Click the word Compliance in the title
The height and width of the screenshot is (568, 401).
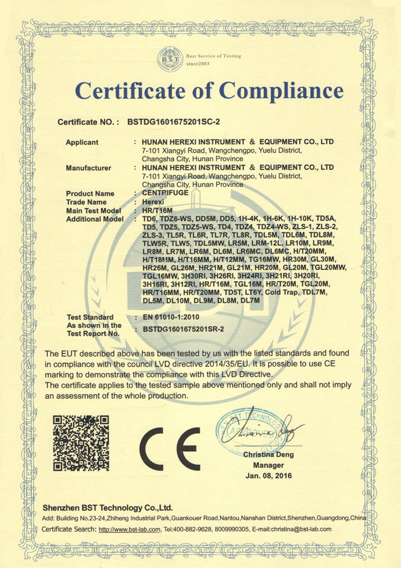[281, 92]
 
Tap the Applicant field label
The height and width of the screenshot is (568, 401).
[82, 142]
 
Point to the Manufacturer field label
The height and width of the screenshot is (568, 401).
[88, 168]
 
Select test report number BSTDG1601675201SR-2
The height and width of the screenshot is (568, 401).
[188, 329]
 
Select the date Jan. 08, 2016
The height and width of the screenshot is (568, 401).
[268, 476]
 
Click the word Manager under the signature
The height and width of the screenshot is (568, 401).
[268, 465]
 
